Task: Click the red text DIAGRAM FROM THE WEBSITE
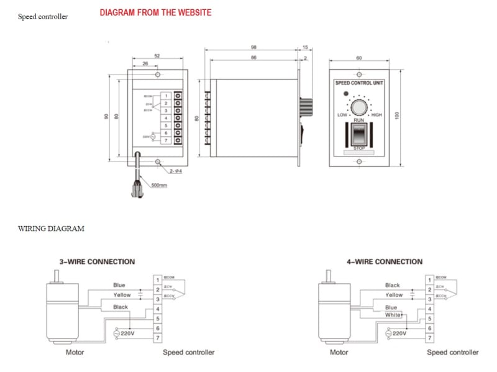[155, 12]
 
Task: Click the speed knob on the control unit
[359, 108]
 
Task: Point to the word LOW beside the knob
[342, 115]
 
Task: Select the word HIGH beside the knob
[376, 115]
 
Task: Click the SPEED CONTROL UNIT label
[359, 83]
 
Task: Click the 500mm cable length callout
[160, 185]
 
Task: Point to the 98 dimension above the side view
[254, 47]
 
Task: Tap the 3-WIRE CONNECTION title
[97, 262]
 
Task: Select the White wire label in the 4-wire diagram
[392, 315]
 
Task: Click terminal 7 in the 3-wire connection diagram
[158, 337]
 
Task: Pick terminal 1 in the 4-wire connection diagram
[429, 280]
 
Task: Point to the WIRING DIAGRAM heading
[51, 229]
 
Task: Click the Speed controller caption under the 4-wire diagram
[452, 352]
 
